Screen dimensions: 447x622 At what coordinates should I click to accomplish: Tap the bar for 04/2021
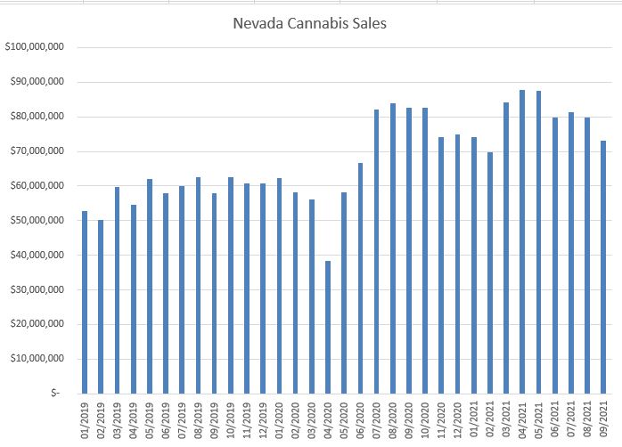(522, 241)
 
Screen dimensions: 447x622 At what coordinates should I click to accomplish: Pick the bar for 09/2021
(603, 267)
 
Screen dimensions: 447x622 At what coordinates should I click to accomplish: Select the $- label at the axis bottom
(56, 393)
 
